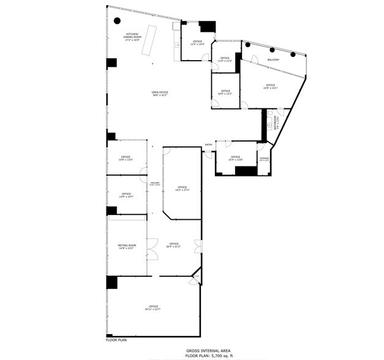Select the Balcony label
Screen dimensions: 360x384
[x=273, y=60]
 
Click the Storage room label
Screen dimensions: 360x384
[x=264, y=159]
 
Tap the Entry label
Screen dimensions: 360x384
[x=209, y=144]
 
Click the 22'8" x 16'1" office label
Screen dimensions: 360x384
[x=270, y=86]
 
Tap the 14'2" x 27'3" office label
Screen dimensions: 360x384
[x=182, y=189]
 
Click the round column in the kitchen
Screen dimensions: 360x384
[x=117, y=21]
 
